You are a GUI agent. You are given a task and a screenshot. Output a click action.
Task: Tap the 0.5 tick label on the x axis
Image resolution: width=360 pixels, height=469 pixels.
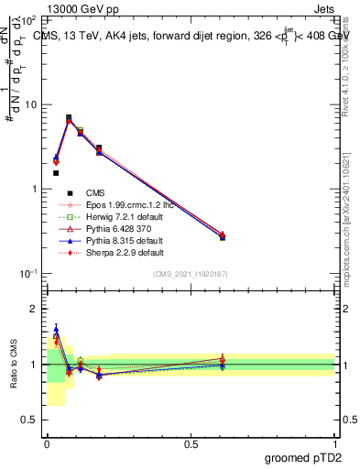[190, 444]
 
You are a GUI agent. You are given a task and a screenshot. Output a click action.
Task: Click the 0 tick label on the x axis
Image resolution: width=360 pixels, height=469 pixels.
[47, 444]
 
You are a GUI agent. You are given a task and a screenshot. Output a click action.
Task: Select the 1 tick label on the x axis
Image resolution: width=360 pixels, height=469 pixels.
[334, 444]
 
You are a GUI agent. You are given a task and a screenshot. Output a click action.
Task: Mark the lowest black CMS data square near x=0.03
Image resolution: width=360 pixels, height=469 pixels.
[56, 172]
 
